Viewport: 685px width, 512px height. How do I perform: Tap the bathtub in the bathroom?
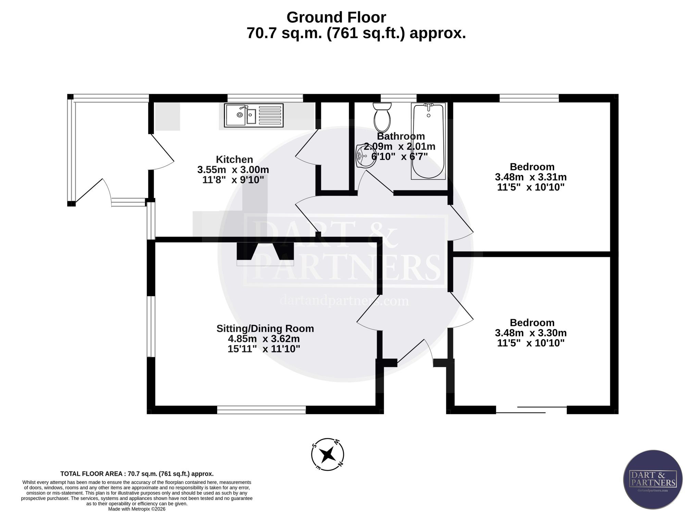click(x=428, y=141)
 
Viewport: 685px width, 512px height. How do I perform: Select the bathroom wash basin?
click(x=364, y=156)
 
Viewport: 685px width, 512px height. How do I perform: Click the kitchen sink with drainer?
click(x=254, y=115)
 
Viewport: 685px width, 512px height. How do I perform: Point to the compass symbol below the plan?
click(x=327, y=454)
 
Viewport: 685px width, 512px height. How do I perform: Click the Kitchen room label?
click(x=235, y=159)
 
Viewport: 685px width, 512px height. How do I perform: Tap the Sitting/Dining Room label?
click(x=265, y=328)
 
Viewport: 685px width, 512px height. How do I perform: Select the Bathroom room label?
click(x=401, y=136)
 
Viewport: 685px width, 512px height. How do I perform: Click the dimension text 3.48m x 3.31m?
click(x=531, y=177)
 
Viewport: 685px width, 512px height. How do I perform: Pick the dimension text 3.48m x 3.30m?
click(x=531, y=333)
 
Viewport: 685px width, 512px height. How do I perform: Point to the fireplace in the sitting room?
click(x=265, y=254)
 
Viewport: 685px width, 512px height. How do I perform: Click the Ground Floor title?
click(x=336, y=17)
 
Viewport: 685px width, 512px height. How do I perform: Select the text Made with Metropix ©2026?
click(x=137, y=509)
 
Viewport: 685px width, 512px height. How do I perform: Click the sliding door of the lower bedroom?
click(x=531, y=410)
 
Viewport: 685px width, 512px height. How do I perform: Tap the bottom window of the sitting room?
click(x=261, y=410)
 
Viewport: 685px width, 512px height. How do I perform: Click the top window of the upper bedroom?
click(x=529, y=98)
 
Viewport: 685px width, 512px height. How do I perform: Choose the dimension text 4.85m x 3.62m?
click(x=264, y=339)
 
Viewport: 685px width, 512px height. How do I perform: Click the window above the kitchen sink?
click(x=265, y=98)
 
